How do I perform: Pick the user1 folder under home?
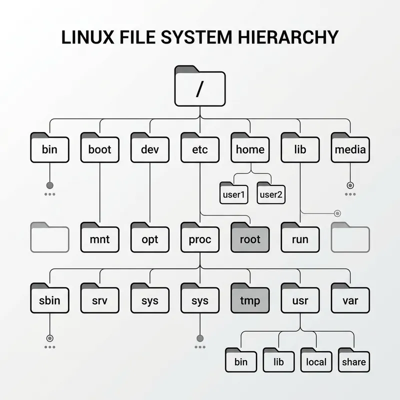233,193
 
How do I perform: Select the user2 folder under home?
271,193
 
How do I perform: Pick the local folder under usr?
316,361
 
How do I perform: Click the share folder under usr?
354,361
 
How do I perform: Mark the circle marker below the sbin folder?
49,337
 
